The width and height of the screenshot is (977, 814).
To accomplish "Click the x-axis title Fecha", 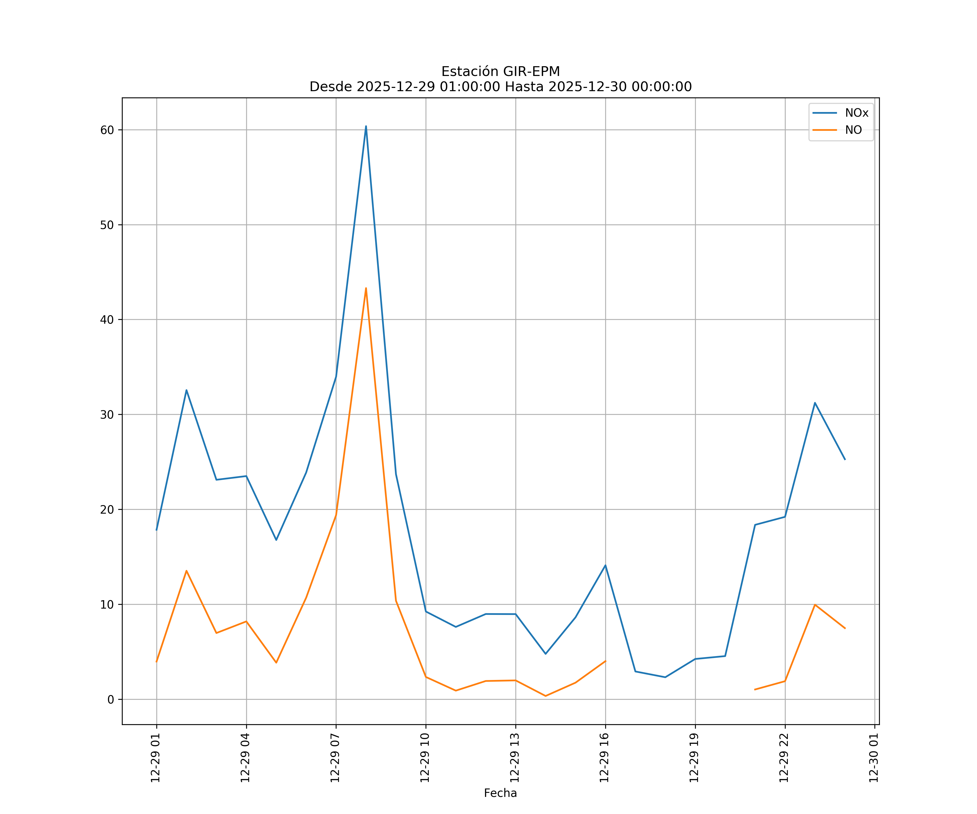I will pyautogui.click(x=500, y=793).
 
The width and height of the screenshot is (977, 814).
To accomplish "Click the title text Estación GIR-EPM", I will pyautogui.click(x=500, y=72).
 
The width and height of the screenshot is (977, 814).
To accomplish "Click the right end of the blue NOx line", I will pyautogui.click(x=845, y=460).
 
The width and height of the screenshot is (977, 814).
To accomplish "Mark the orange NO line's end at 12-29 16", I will pyautogui.click(x=605, y=661).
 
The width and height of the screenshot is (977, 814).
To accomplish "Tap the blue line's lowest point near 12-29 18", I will pyautogui.click(x=665, y=677).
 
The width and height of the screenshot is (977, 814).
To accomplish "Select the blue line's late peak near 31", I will pyautogui.click(x=815, y=403).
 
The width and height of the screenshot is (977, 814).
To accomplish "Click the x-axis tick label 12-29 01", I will pyautogui.click(x=156, y=758).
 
